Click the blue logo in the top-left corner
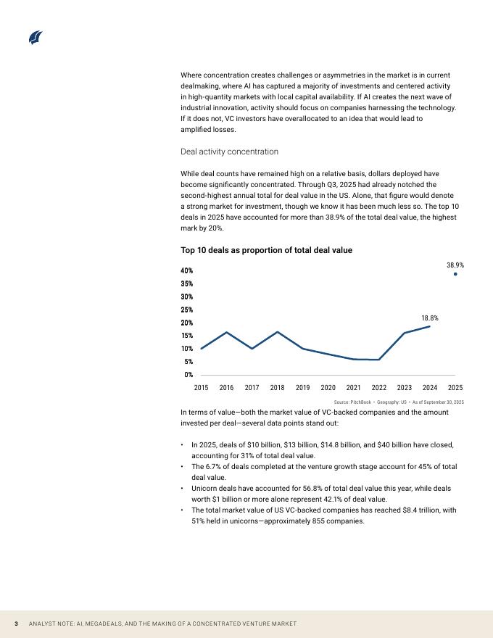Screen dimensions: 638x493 click(36, 38)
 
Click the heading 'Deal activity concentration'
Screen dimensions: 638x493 click(229, 152)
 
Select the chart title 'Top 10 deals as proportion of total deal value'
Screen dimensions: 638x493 click(266, 250)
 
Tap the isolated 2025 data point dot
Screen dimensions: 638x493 click(455, 274)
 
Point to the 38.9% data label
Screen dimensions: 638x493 click(455, 265)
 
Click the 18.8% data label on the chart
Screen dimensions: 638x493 click(430, 318)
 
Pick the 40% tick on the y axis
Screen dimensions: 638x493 click(187, 270)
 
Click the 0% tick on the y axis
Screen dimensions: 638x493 click(188, 374)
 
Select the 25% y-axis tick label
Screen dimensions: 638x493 click(187, 310)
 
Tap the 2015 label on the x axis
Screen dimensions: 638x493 click(201, 388)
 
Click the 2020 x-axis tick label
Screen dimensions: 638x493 click(328, 388)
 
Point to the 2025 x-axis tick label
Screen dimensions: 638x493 click(455, 388)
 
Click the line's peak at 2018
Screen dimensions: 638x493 click(277, 332)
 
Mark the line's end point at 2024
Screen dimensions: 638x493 click(430, 326)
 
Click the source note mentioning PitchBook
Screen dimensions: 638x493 click(399, 402)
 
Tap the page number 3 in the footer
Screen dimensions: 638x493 click(17, 624)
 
